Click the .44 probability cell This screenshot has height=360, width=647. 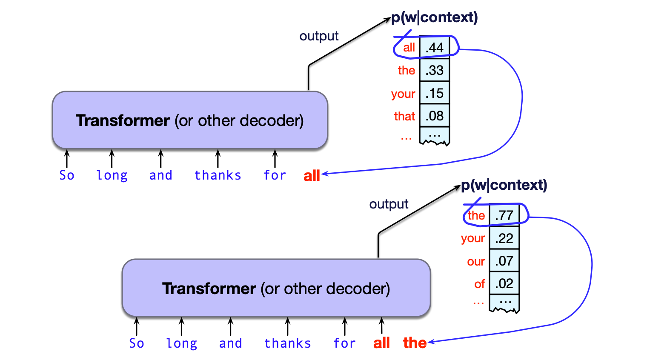pos(435,48)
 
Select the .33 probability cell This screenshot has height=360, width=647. pos(435,70)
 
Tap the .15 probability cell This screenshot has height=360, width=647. pos(435,93)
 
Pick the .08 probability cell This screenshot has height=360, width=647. pos(435,116)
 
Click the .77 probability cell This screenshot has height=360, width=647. pos(504,215)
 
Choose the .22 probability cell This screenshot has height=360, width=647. pos(504,238)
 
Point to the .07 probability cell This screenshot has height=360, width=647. pos(504,261)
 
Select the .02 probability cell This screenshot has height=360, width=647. pos(504,283)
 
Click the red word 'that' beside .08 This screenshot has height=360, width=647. pos(404,116)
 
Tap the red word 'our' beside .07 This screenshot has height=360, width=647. pos(476,261)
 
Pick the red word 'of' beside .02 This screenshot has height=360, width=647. pos(479,284)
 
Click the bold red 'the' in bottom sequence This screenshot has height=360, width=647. pos(415,343)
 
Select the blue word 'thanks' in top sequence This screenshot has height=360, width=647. pos(218,175)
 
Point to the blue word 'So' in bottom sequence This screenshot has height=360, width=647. pos(137,343)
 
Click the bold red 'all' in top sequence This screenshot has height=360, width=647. pos(312,175)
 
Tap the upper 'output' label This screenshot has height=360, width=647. pos(319,36)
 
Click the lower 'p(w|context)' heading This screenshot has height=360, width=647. pos(504,185)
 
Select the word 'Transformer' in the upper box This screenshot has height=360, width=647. pos(123,120)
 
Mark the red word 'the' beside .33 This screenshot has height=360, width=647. pos(406,70)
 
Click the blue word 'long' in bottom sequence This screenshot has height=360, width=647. pos(181,343)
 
